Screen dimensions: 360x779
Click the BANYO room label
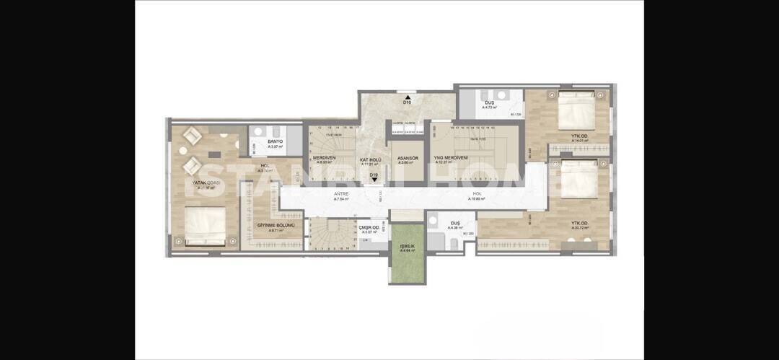coord(274,141)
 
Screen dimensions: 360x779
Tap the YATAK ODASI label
coord(205,183)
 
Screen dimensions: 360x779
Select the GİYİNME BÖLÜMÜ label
coord(276,225)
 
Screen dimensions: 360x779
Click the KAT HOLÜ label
coord(371,159)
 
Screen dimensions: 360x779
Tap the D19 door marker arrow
coord(374,180)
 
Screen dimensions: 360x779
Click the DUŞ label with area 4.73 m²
coord(489,103)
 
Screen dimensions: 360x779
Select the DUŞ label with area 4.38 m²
coord(454,224)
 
